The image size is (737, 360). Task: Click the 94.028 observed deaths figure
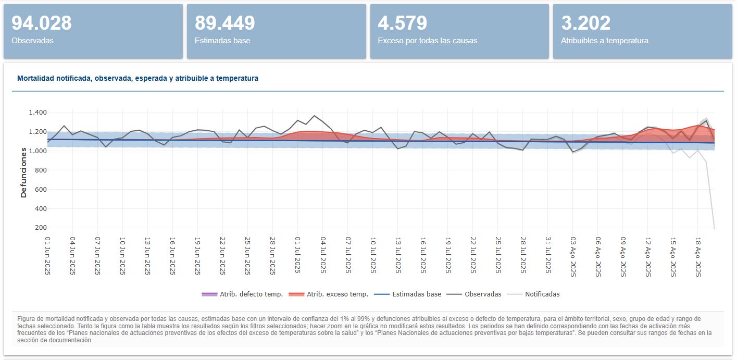click(x=42, y=23)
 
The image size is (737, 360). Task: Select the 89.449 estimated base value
click(x=224, y=23)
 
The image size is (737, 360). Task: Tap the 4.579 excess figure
click(x=403, y=23)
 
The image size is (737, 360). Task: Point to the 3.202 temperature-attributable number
click(x=585, y=23)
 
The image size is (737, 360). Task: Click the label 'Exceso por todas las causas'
click(x=428, y=41)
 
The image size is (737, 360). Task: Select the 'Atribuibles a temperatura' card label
click(x=605, y=41)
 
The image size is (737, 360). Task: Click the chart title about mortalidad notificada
click(x=138, y=78)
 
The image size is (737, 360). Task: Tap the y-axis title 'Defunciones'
click(x=23, y=173)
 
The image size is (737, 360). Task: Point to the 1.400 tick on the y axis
click(x=38, y=113)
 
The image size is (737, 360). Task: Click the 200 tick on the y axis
click(x=41, y=227)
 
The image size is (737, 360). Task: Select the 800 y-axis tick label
click(x=41, y=170)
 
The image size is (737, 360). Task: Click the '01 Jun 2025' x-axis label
click(x=48, y=256)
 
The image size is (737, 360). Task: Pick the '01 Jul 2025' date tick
click(x=297, y=255)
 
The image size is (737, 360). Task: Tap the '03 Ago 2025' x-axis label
click(x=573, y=256)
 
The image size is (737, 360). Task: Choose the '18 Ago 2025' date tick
click(x=697, y=256)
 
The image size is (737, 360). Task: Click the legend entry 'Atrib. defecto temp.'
click(x=242, y=294)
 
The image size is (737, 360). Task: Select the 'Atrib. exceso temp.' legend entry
click(x=328, y=294)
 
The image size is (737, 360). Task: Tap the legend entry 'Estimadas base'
click(x=408, y=294)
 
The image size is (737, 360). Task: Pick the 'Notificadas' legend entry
click(x=534, y=294)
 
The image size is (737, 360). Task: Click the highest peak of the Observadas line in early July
click(x=314, y=116)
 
